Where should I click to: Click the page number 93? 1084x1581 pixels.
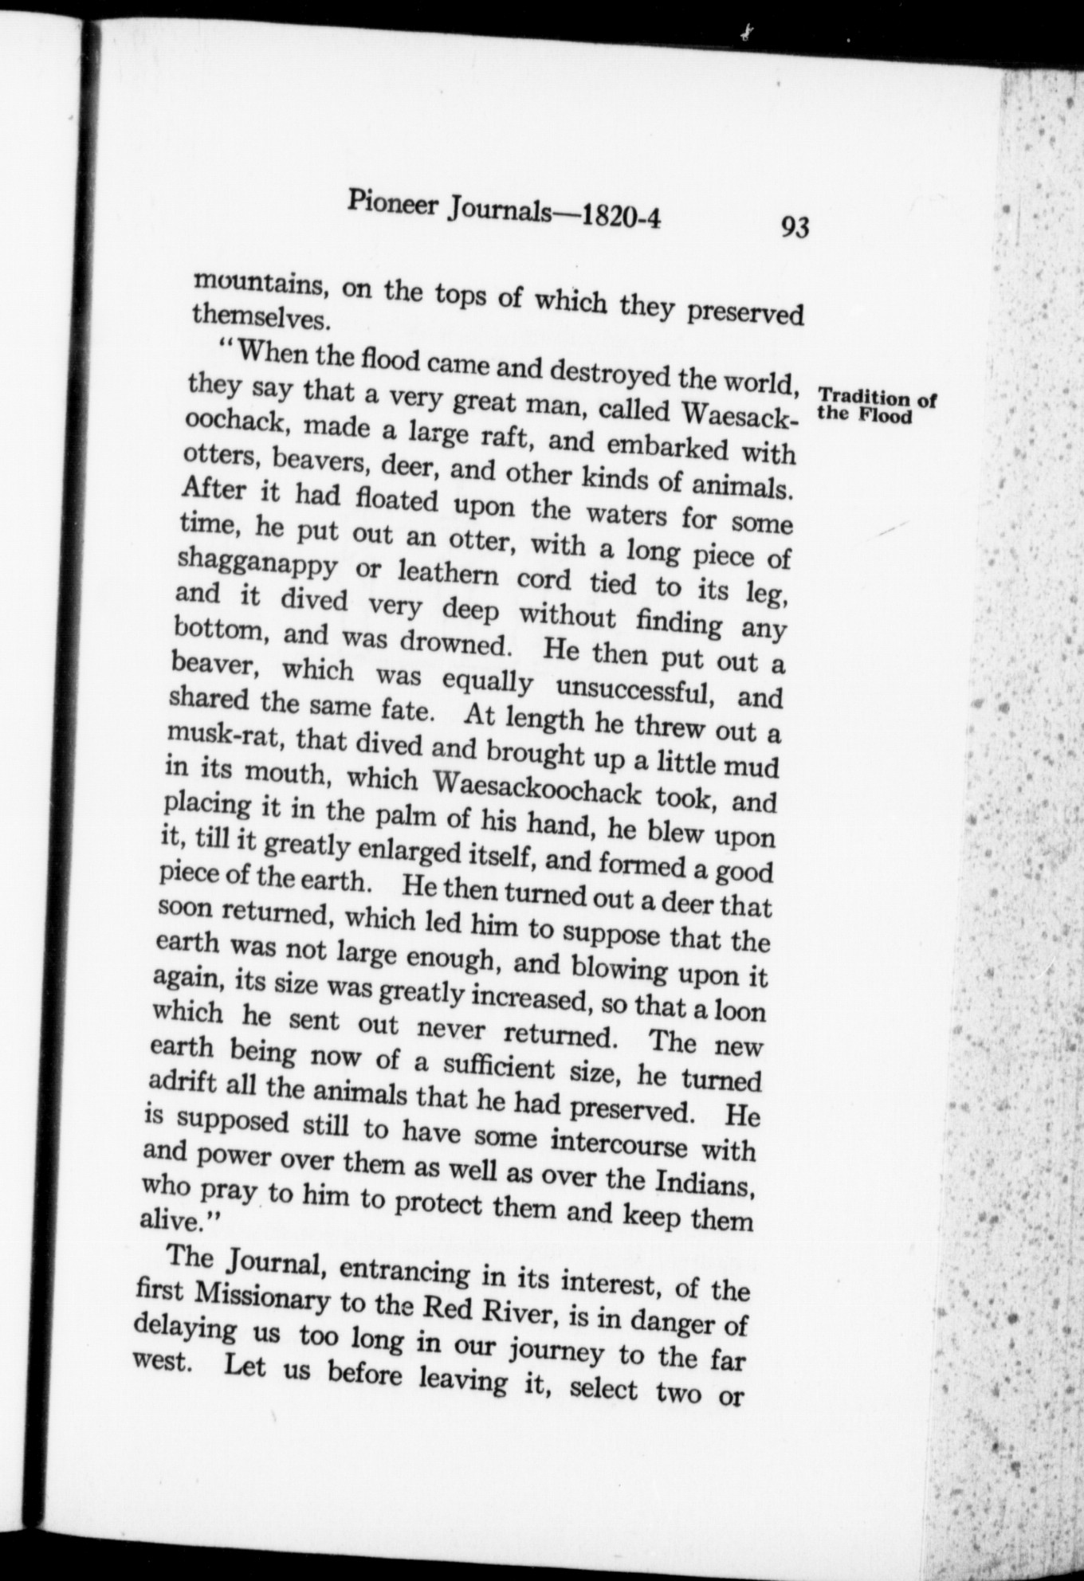(795, 228)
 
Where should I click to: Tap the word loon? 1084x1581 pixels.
(739, 1010)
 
